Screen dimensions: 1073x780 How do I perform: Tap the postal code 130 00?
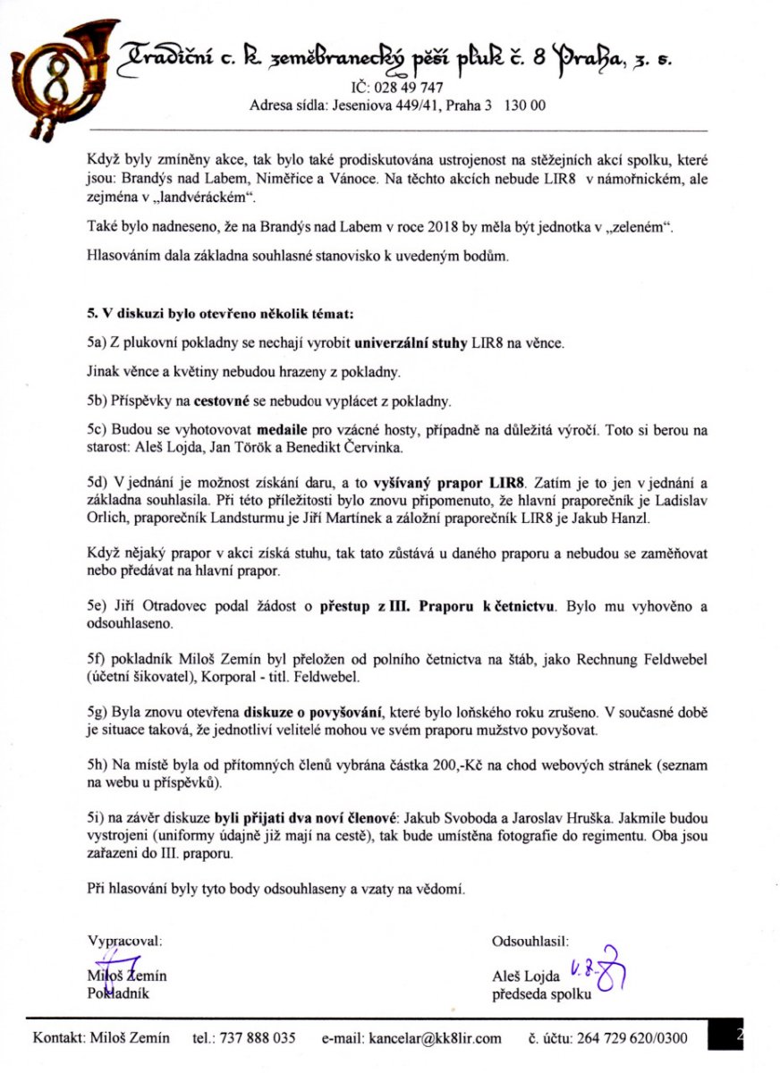(525, 106)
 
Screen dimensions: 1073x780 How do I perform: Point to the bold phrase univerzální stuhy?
(406, 342)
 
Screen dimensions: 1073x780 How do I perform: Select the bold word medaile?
(286, 428)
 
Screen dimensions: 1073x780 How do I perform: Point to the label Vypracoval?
(123, 941)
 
